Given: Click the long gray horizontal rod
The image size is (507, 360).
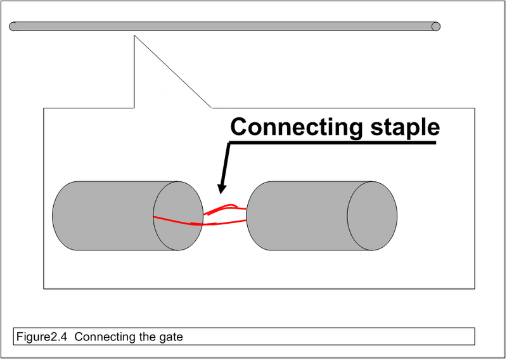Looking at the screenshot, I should click(222, 27).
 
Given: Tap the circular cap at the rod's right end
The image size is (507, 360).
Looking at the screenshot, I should click(436, 27).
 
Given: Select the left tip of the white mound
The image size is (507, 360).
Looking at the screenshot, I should click(125, 113).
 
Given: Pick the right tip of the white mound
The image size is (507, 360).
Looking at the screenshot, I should click(225, 113).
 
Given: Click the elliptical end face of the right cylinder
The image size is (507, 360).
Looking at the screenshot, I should click(372, 215).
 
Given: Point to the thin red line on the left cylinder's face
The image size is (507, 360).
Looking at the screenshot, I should click(172, 220).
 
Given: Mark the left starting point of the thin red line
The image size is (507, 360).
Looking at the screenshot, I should click(154, 217).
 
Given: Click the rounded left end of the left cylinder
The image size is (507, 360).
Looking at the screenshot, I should click(55, 215).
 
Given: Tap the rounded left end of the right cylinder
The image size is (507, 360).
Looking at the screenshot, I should click(248, 215).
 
